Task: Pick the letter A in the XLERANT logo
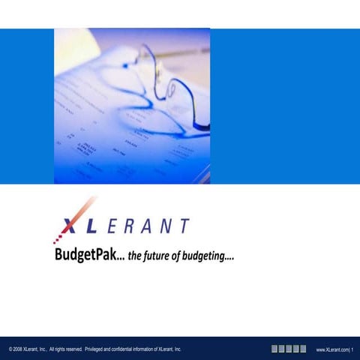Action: tap(148, 226)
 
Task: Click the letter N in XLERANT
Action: tap(166, 226)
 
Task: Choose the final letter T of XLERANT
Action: tap(184, 226)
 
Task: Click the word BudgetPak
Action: tap(82, 256)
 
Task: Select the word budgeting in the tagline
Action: tap(206, 257)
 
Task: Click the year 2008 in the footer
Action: tap(18, 349)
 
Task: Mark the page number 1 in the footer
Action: tap(352, 349)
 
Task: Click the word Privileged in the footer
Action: tap(97, 349)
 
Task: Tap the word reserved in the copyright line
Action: tap(73, 349)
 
